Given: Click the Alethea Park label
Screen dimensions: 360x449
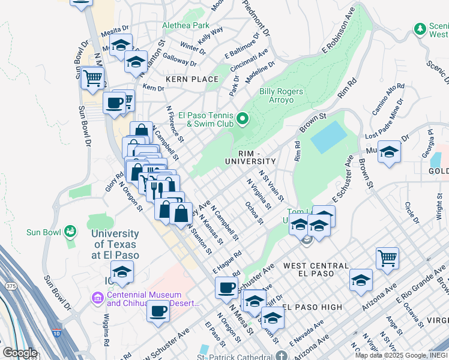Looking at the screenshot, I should (x=186, y=26).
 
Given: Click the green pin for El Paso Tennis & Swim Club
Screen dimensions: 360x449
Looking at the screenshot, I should (x=243, y=119).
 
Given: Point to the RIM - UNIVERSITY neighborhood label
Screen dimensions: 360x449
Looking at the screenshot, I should (x=250, y=157).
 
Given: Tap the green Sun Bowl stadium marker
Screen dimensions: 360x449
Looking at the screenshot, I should (x=71, y=231).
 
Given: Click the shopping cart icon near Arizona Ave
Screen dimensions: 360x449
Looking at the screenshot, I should (x=388, y=258).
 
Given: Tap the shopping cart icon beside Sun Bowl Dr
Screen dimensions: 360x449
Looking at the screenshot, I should (x=93, y=77).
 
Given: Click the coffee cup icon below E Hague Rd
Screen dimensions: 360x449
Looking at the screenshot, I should (x=226, y=287).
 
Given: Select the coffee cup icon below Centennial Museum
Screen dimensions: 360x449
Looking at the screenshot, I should (x=158, y=311).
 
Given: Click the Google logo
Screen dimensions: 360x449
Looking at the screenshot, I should (x=20, y=353).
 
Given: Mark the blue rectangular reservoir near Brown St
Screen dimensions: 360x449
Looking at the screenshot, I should (x=329, y=136).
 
